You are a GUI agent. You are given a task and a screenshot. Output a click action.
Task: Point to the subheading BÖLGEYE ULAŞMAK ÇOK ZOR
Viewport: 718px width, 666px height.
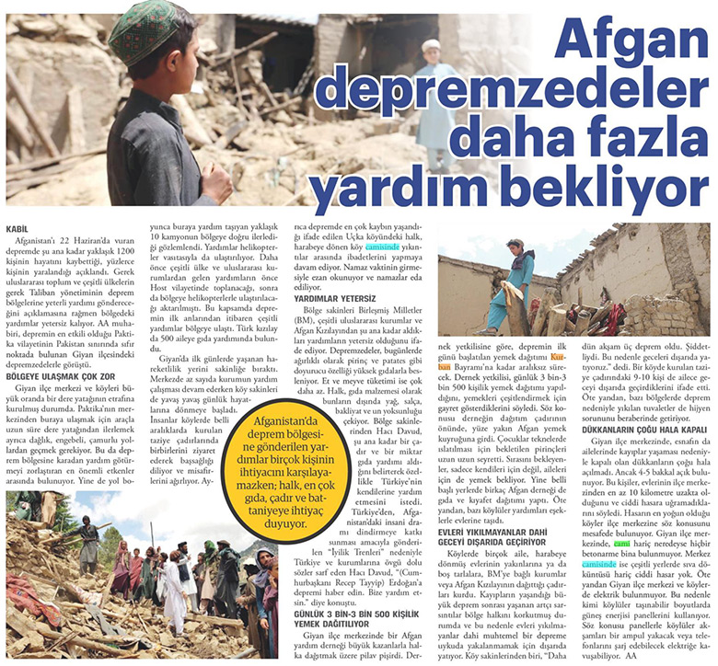[62, 376]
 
